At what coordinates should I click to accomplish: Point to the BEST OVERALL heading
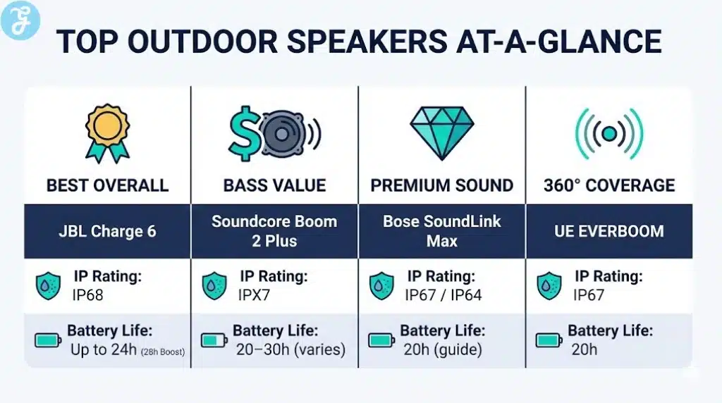coord(107,186)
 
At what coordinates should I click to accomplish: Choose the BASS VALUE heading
coord(274,186)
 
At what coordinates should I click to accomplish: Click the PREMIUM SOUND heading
coord(441,186)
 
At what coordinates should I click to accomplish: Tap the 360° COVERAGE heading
coord(608,186)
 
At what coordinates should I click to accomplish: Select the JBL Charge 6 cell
coord(107,231)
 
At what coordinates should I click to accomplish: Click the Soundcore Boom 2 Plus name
coord(274,231)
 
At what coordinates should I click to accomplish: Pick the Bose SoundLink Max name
coord(441,231)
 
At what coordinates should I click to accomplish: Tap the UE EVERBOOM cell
coord(608,231)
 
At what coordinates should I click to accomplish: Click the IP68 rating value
coord(89,295)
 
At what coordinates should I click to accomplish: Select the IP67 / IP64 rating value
coord(443,295)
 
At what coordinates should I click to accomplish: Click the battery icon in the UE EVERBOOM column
coord(549,340)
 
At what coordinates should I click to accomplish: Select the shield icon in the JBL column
coord(49,286)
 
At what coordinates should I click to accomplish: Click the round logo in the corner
coord(20,19)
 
